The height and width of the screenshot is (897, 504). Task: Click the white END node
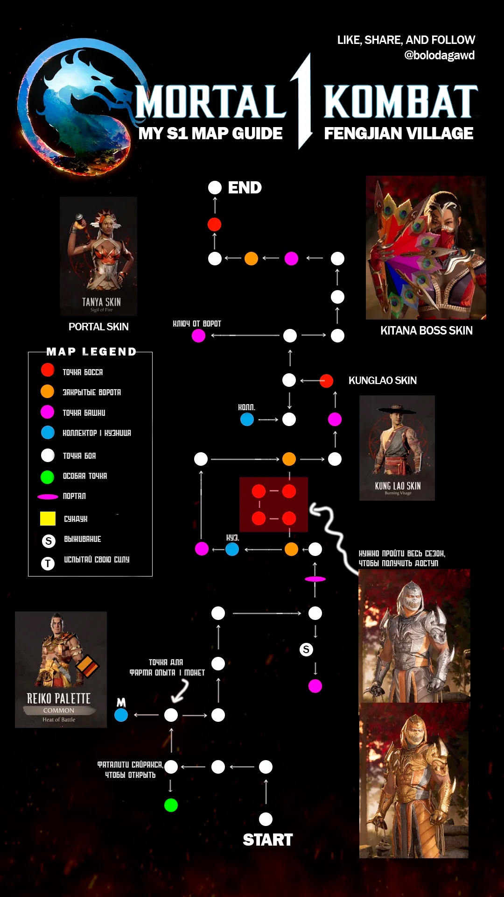tap(215, 188)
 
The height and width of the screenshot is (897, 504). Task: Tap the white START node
tap(266, 819)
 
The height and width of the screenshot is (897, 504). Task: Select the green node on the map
tap(171, 805)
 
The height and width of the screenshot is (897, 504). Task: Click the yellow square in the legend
tap(48, 519)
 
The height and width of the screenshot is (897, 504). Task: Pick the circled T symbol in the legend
tap(48, 563)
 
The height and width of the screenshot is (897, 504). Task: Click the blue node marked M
tap(121, 715)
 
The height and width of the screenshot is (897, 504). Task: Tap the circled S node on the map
tap(306, 649)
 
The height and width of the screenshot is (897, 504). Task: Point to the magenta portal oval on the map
tap(315, 579)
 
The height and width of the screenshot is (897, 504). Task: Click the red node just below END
tap(214, 224)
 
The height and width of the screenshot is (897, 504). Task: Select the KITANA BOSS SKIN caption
tap(426, 331)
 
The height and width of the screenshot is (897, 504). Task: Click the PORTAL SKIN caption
tap(98, 327)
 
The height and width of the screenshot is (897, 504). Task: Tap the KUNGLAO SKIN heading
tap(382, 381)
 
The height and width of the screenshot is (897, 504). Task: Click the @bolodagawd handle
tap(439, 56)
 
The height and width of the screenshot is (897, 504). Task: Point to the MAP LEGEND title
tap(91, 352)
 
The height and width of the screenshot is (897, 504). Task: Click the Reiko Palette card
tap(61, 669)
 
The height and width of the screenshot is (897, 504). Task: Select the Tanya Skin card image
tap(98, 256)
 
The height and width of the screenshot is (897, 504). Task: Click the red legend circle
tap(48, 370)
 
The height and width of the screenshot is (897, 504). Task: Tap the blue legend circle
tap(48, 433)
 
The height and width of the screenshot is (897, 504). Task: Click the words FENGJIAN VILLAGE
tap(399, 134)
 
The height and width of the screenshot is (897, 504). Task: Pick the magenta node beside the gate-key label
tap(198, 335)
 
